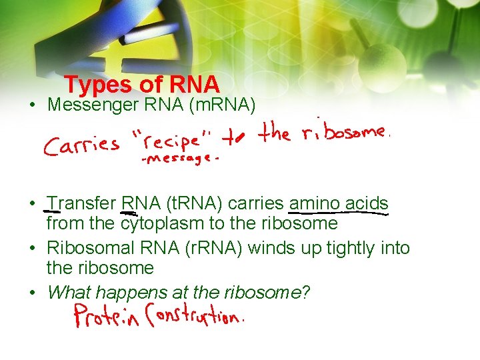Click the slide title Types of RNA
142,85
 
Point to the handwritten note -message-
179,161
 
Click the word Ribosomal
91,248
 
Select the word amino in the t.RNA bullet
314,203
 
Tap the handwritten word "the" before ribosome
275,133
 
